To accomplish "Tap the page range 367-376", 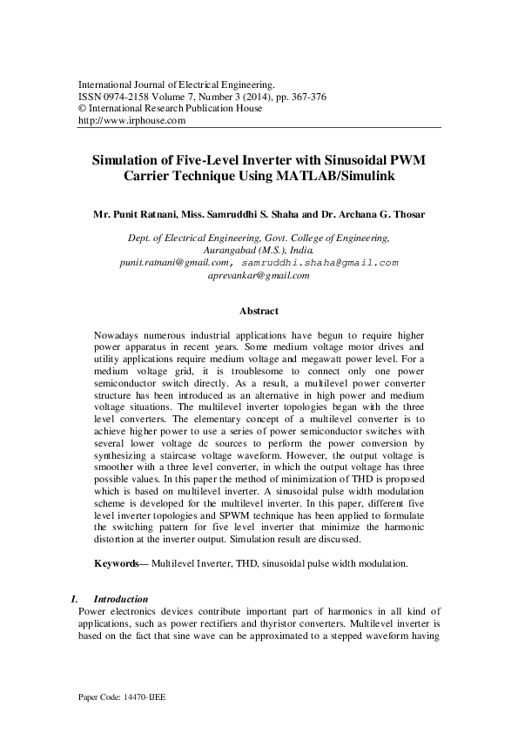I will (306, 97).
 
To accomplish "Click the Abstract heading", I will (259, 311).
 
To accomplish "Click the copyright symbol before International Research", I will (83, 109).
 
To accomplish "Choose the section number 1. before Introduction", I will (73, 599).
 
